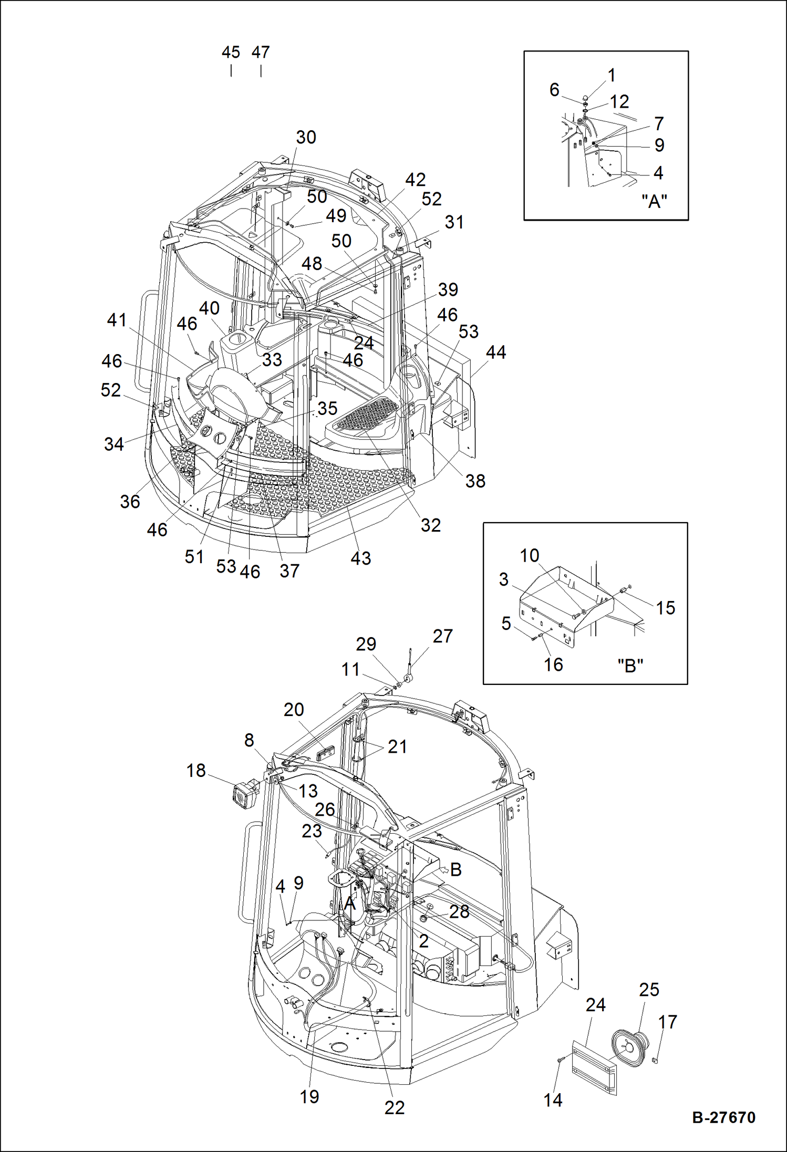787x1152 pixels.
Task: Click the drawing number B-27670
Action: point(723,1117)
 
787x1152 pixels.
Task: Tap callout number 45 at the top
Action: point(231,53)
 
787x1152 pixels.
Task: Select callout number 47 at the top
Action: point(261,53)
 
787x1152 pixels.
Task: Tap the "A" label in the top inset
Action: point(654,201)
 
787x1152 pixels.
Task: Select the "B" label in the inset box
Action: point(630,666)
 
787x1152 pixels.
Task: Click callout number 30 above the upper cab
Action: point(306,138)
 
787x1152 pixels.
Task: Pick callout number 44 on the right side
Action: point(495,352)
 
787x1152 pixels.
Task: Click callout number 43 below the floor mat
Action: point(360,558)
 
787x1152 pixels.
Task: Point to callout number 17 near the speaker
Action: point(667,1022)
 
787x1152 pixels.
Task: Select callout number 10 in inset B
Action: point(529,556)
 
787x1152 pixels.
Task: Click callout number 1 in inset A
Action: point(611,76)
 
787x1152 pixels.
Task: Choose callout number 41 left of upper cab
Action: point(117,320)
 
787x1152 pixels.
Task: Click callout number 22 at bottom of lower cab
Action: point(394,1107)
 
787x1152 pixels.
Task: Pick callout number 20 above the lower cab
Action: point(294,710)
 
